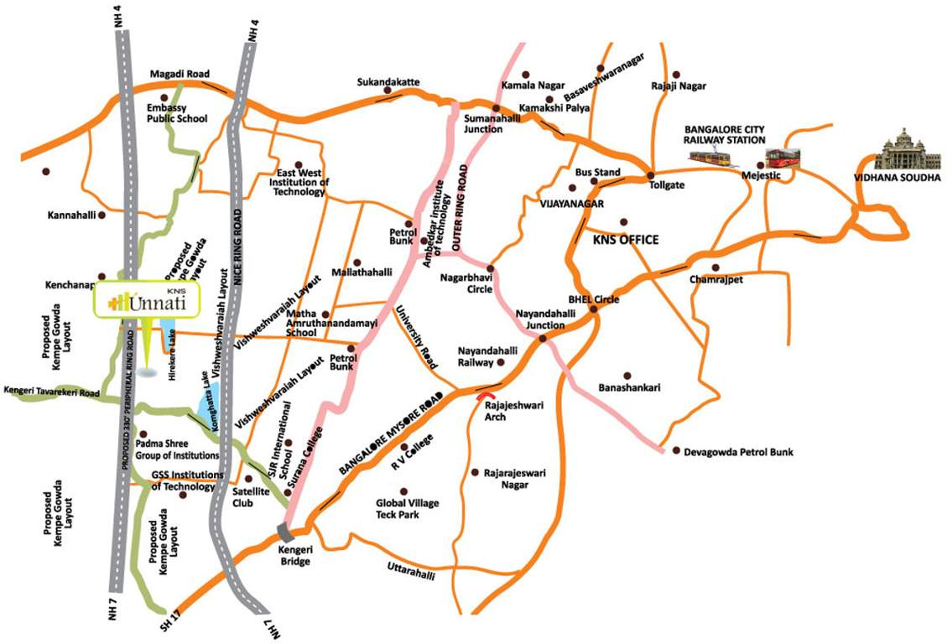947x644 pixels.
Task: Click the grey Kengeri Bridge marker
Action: pyautogui.click(x=285, y=530)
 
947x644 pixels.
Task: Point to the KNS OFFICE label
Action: pyautogui.click(x=626, y=240)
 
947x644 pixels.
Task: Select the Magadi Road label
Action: pyautogui.click(x=180, y=75)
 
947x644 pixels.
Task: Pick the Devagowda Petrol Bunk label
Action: pyautogui.click(x=738, y=452)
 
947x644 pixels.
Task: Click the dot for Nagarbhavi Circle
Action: pyautogui.click(x=490, y=269)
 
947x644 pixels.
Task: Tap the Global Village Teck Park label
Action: pyautogui.click(x=407, y=508)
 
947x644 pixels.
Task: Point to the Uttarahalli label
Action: pyautogui.click(x=411, y=569)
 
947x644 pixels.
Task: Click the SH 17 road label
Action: pyautogui.click(x=172, y=625)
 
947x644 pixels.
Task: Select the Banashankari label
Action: pyautogui.click(x=630, y=387)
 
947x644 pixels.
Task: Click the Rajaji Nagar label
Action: pyautogui.click(x=679, y=86)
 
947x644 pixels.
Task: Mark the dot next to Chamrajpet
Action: pyautogui.click(x=715, y=267)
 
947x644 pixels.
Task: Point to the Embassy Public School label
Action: pyautogui.click(x=177, y=114)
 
